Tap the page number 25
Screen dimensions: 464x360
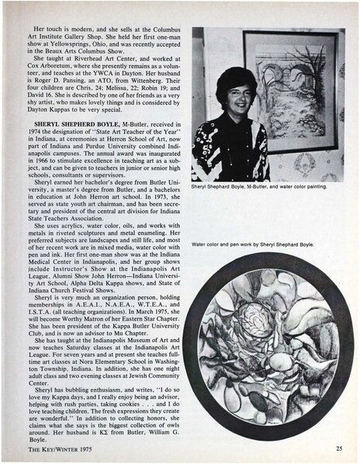point(340,448)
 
